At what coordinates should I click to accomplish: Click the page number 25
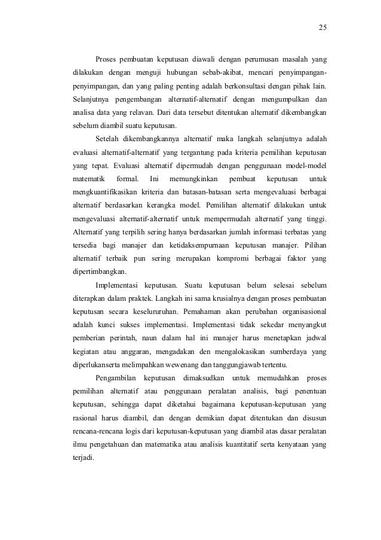[322, 28]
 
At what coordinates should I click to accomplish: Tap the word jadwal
[315, 337]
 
